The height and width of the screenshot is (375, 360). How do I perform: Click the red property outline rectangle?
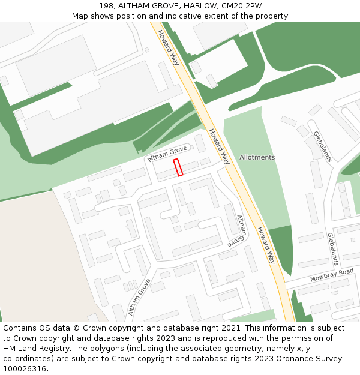(178, 167)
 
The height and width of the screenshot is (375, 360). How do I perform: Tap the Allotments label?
(257, 157)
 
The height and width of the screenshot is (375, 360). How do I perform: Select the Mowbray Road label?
(332, 275)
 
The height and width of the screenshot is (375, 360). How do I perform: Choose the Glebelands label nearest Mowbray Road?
(332, 249)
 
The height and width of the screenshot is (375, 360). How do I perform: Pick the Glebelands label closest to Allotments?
(322, 146)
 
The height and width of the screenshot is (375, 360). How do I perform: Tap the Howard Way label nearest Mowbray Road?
(266, 245)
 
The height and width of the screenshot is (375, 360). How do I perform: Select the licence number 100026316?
(24, 369)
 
